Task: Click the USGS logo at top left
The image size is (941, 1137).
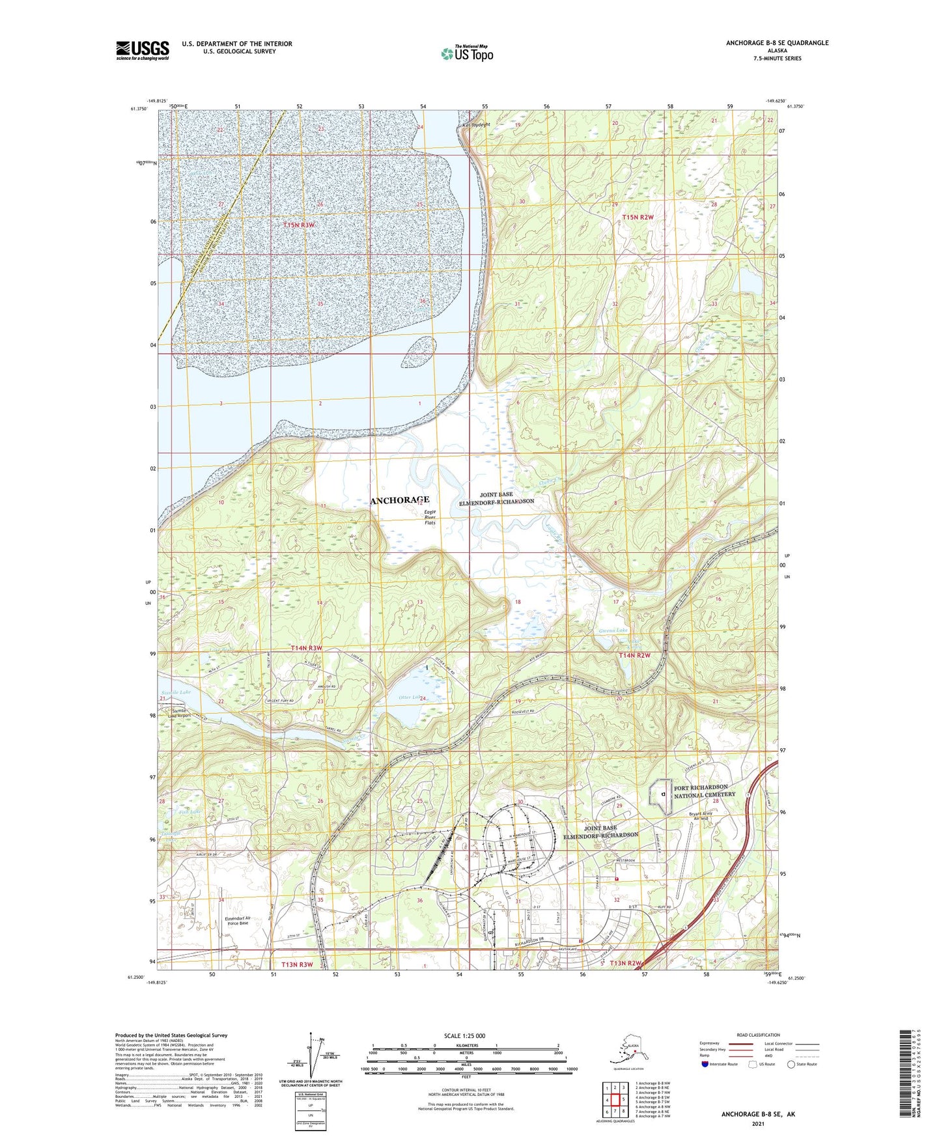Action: (142, 50)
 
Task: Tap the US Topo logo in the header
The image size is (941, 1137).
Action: (467, 53)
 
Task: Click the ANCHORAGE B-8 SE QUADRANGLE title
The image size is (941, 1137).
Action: (777, 43)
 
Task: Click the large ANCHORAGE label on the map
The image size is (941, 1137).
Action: (399, 500)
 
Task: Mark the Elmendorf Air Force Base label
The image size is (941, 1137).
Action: (236, 921)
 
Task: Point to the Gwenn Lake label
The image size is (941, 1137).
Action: (613, 631)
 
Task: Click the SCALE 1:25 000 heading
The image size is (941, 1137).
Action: (464, 1035)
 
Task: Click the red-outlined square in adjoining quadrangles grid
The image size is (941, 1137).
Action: (615, 1100)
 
